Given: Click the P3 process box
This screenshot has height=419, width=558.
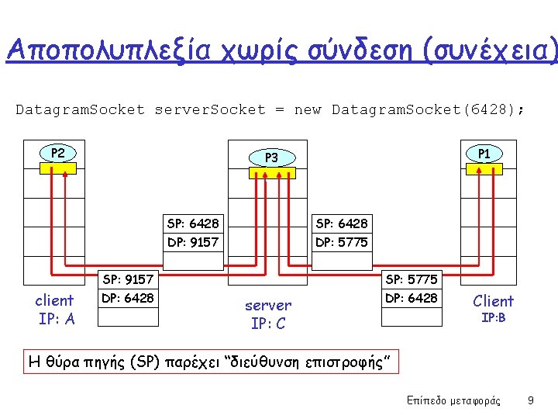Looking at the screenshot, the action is click(x=271, y=158).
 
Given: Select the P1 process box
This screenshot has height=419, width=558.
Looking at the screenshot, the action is click(x=484, y=154).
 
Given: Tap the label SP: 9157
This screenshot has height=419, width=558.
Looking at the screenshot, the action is click(x=128, y=279).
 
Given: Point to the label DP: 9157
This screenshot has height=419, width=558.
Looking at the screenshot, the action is click(x=193, y=243).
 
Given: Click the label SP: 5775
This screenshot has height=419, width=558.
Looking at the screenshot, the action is click(x=411, y=279).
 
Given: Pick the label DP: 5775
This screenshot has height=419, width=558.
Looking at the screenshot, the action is click(x=342, y=243).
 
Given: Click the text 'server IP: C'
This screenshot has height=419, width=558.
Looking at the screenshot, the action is click(x=268, y=314).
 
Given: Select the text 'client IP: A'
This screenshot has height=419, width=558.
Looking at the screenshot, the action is click(x=56, y=310).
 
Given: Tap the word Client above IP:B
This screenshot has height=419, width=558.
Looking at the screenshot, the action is click(x=493, y=301).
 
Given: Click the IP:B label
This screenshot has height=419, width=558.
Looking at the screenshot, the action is click(x=494, y=318).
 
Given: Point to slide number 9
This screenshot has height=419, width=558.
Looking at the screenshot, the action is click(x=530, y=400).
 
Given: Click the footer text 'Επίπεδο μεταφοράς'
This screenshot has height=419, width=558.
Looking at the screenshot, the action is click(x=453, y=400).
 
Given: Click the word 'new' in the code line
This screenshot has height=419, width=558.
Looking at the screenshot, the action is click(x=307, y=109).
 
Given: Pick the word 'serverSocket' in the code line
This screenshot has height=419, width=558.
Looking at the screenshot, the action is click(x=210, y=109).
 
